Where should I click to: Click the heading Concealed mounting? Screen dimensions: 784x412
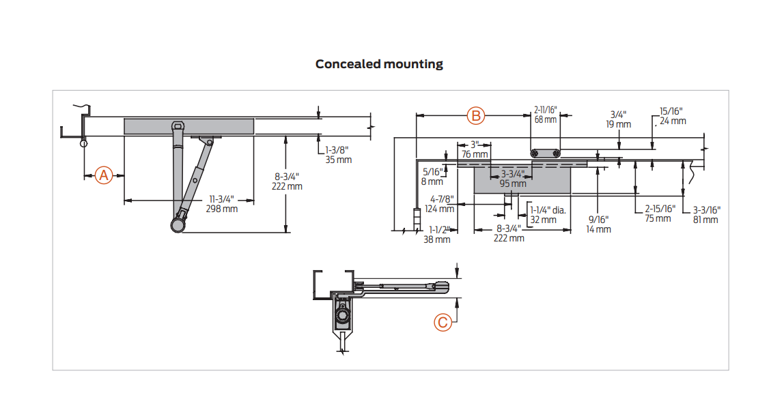379,64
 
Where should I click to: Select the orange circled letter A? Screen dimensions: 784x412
104,175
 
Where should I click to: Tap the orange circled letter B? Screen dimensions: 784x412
475,116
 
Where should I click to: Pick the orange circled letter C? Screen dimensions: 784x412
443,323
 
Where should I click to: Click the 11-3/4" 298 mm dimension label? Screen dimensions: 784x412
221,204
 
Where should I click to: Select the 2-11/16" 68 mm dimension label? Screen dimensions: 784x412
546,115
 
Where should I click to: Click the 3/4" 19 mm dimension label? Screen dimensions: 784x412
619,120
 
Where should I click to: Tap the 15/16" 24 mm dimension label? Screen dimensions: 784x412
673,117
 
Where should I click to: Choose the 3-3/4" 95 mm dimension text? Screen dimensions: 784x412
512,179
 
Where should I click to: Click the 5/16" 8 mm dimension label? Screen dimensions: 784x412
432,177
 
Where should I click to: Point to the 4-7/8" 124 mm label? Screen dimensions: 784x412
440,204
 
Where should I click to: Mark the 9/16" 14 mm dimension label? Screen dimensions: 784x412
598,224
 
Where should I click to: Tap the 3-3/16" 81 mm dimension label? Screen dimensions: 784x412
706,216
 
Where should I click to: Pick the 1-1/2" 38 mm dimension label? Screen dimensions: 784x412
438,235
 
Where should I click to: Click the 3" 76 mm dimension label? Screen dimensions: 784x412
474,150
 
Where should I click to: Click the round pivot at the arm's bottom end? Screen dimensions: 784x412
178,224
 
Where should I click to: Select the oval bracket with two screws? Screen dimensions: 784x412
546,153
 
